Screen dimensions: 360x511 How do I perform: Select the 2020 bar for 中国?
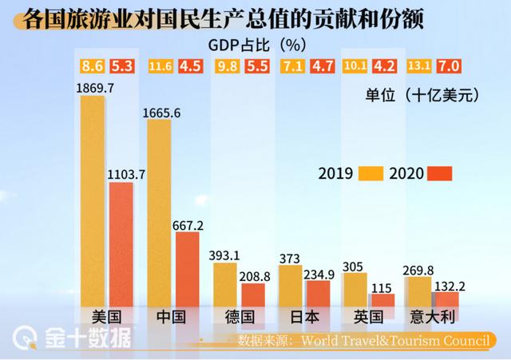(187, 267)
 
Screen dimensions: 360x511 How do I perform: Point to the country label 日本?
(303, 318)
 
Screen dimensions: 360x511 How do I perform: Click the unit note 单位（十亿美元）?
(422, 96)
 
